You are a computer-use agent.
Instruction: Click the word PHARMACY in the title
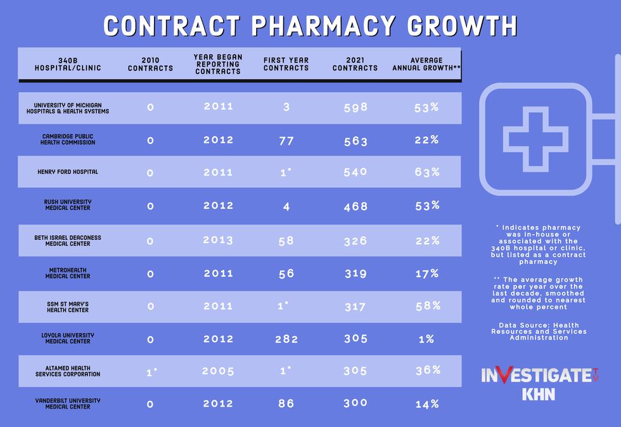[324, 26]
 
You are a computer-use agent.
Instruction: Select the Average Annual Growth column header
[426, 64]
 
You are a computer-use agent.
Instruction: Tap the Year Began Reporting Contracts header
[217, 64]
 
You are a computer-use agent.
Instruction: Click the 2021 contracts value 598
[355, 107]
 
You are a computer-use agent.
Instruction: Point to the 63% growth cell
[427, 172]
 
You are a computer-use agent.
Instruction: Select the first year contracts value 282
[286, 339]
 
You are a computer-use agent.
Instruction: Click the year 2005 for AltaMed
[218, 371]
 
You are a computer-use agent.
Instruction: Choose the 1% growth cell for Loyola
[426, 339]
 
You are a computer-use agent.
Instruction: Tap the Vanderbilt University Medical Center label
[67, 404]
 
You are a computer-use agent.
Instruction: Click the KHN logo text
[539, 394]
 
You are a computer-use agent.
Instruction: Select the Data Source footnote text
[539, 331]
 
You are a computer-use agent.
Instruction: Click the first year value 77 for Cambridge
[286, 141]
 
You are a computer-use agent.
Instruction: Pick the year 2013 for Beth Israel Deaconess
[218, 240]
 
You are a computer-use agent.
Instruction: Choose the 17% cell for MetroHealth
[427, 273]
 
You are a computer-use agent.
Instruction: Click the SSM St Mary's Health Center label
[67, 307]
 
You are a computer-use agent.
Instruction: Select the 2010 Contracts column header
[150, 64]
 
